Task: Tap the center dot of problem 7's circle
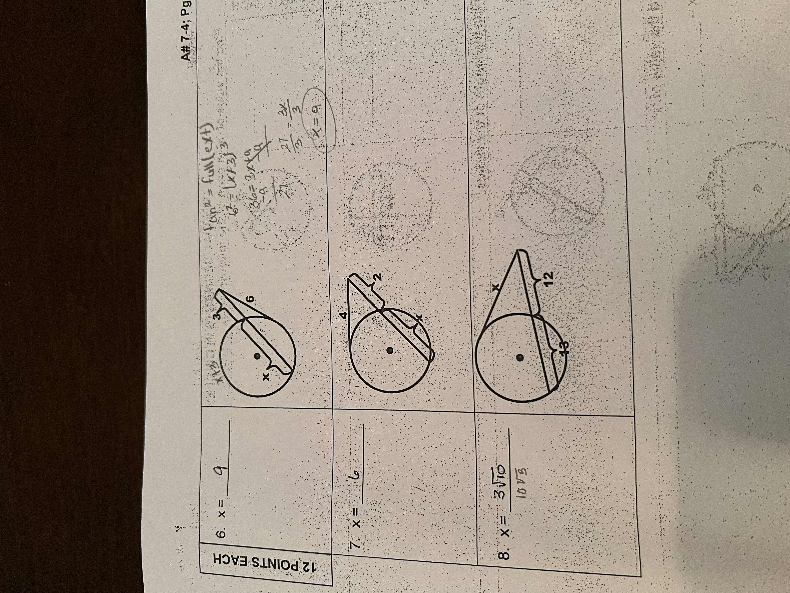tap(390, 350)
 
